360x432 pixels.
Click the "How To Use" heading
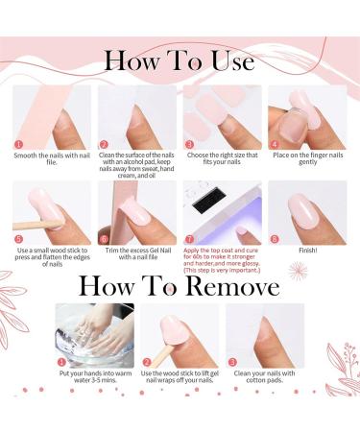point(180,60)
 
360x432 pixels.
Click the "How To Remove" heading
point(180,286)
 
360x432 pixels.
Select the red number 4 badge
point(274,144)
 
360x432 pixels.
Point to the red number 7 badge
point(189,238)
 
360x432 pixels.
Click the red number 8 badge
point(274,238)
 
